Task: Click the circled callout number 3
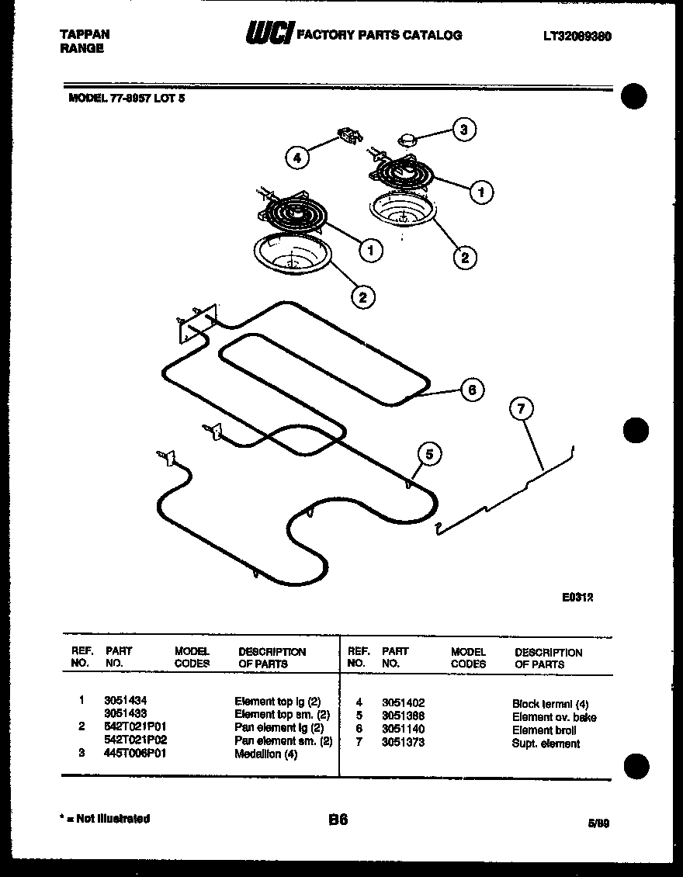(463, 130)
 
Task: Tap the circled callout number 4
(296, 158)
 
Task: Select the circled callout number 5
(429, 453)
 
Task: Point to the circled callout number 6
(472, 390)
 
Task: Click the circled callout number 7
(522, 408)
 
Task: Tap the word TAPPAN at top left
(85, 34)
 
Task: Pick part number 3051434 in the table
(125, 701)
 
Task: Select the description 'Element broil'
(543, 730)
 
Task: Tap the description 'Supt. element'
(546, 744)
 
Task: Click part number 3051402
(403, 702)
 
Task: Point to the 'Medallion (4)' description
(265, 754)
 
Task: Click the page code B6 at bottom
(338, 820)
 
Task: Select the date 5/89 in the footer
(598, 823)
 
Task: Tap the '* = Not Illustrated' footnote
(105, 818)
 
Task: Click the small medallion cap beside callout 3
(407, 140)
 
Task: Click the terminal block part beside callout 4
(347, 137)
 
